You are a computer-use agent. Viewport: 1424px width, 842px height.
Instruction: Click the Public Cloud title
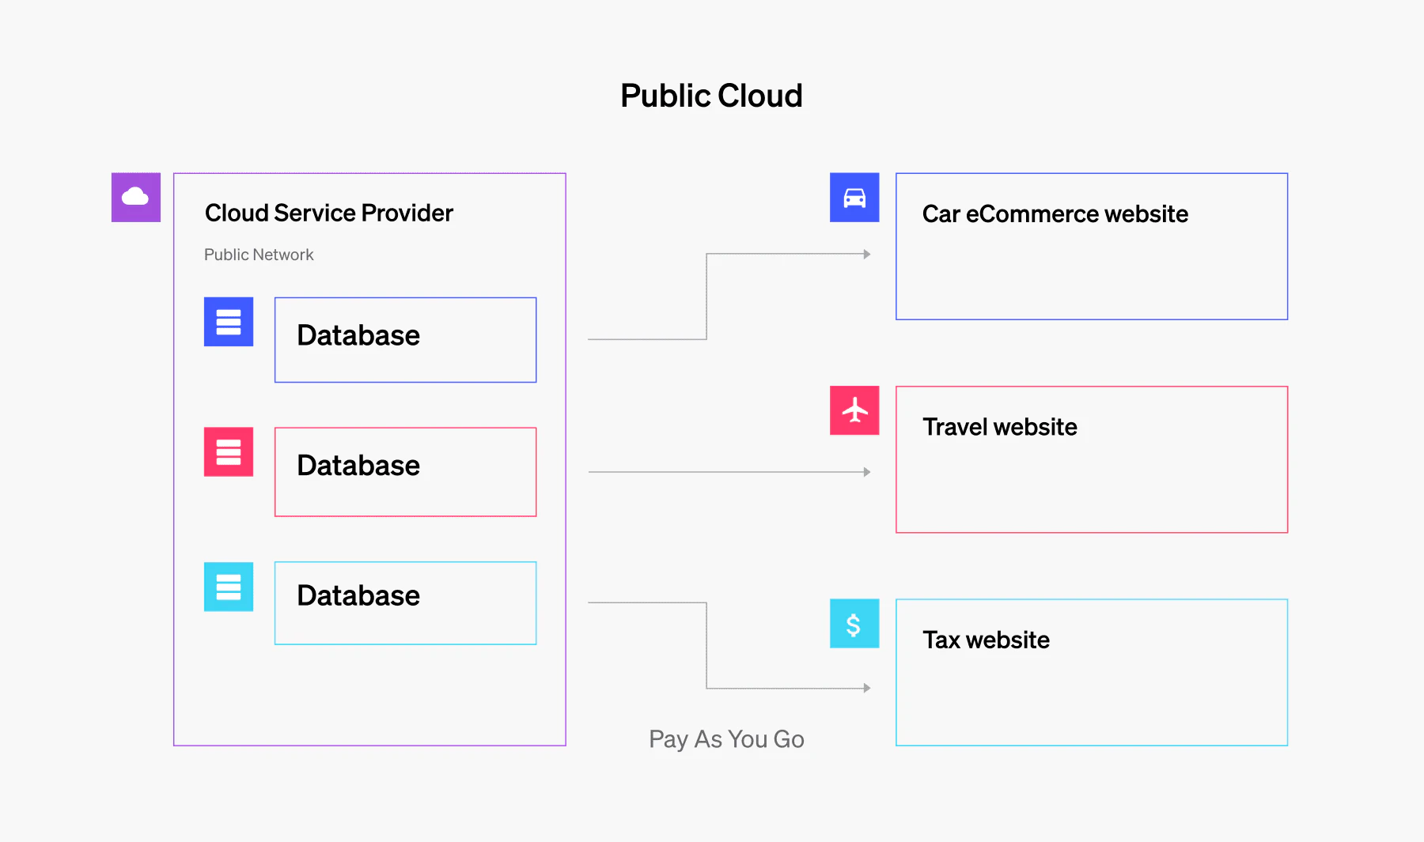pyautogui.click(x=711, y=96)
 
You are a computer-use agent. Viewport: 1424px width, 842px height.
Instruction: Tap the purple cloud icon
pyautogui.click(x=136, y=197)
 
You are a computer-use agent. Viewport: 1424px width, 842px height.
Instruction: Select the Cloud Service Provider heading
pyautogui.click(x=329, y=213)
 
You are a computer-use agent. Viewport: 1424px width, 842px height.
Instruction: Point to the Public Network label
pyautogui.click(x=259, y=255)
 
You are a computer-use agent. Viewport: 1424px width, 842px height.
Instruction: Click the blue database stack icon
pyautogui.click(x=229, y=322)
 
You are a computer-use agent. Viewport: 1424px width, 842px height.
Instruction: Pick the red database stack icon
pyautogui.click(x=229, y=451)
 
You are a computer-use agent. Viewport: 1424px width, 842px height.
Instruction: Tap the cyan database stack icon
pyautogui.click(x=229, y=587)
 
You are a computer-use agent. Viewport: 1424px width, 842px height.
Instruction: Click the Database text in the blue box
pyautogui.click(x=358, y=335)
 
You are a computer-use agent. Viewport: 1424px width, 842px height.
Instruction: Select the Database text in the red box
pyautogui.click(x=358, y=466)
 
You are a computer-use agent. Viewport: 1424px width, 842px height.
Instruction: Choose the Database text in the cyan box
pyautogui.click(x=358, y=595)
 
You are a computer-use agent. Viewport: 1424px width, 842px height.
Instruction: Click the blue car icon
pyautogui.click(x=854, y=197)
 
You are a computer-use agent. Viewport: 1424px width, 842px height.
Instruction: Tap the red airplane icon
pyautogui.click(x=854, y=410)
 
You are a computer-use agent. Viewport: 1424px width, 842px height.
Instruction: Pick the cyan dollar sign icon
pyautogui.click(x=854, y=623)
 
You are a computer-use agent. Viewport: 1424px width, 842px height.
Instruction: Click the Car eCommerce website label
pyautogui.click(x=1055, y=214)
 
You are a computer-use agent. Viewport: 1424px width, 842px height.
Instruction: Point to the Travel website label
pyautogui.click(x=1000, y=427)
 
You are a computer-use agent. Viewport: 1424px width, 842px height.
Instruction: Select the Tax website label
pyautogui.click(x=986, y=640)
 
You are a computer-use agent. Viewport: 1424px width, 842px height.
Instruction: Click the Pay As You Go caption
pyautogui.click(x=726, y=739)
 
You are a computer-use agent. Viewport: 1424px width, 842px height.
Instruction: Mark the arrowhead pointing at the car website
pyautogui.click(x=867, y=255)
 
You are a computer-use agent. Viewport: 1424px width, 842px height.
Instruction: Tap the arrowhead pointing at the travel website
pyautogui.click(x=867, y=472)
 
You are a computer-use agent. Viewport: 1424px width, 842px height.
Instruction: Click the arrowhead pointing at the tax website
pyautogui.click(x=867, y=688)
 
